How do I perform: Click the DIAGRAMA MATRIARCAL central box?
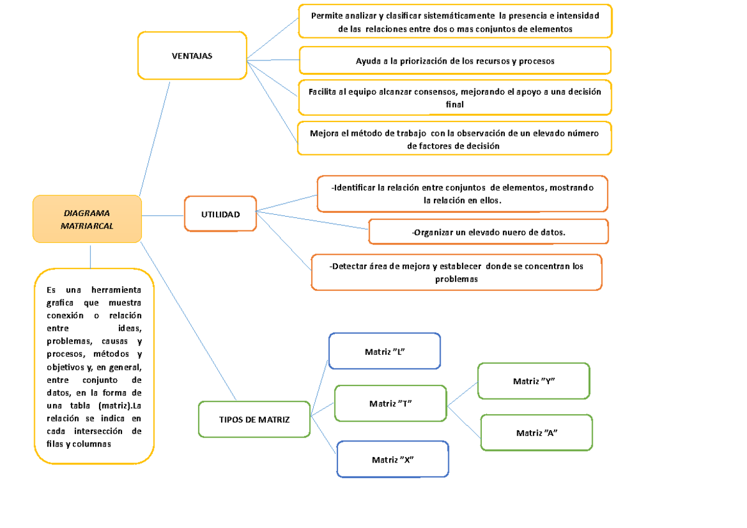tap(87, 219)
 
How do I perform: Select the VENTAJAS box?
tap(192, 56)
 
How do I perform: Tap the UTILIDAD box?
tap(220, 214)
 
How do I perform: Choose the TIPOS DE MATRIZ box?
tap(254, 420)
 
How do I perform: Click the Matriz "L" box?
tap(385, 351)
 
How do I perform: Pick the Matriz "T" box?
tap(391, 403)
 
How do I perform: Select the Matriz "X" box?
tap(393, 460)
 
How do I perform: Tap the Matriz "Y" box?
tap(533, 381)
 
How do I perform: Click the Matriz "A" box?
tap(537, 433)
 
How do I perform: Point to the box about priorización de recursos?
tap(455, 61)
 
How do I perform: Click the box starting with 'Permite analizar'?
tap(455, 22)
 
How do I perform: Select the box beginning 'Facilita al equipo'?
tap(455, 98)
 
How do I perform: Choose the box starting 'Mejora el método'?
tap(455, 138)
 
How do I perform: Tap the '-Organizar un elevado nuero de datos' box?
tap(489, 232)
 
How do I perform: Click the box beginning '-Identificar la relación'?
tap(462, 194)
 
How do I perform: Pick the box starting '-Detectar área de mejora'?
tap(456, 273)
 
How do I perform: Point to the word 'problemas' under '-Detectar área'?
tap(456, 280)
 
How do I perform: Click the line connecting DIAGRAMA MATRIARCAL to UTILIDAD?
tap(163, 215)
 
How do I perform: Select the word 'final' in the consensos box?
tap(455, 105)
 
